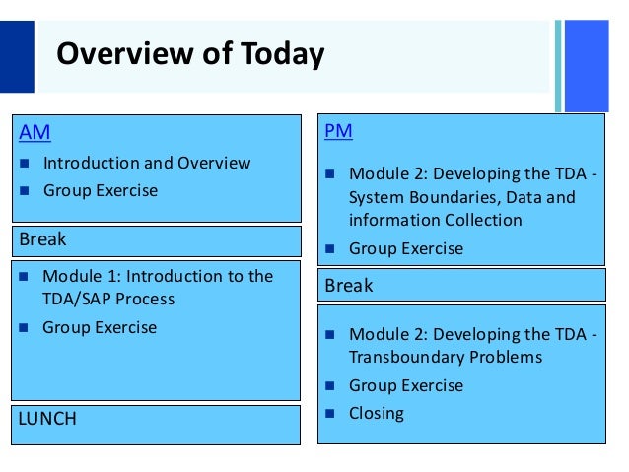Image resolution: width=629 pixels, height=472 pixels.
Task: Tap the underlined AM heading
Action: tap(35, 132)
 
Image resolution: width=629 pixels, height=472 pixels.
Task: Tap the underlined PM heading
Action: tap(338, 130)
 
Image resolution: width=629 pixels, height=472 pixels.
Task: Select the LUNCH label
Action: tap(47, 419)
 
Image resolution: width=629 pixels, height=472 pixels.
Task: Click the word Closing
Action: tap(377, 413)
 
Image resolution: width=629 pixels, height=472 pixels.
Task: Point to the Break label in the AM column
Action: tap(43, 239)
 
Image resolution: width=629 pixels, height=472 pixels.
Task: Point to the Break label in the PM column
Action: tap(349, 285)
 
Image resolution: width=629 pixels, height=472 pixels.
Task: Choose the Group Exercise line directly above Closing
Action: tap(406, 385)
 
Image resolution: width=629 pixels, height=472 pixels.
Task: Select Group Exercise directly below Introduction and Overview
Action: tap(100, 190)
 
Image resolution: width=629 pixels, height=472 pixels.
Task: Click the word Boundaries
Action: tap(450, 197)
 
